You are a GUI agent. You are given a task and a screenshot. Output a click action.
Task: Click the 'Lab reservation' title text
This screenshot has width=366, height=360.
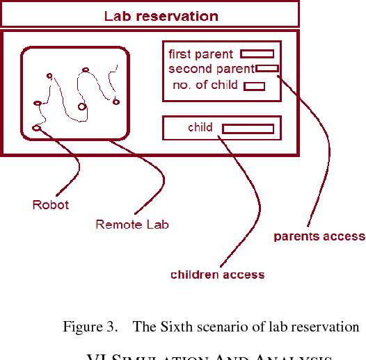[161, 15]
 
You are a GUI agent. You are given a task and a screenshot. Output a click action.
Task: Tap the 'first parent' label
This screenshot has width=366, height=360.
[200, 54]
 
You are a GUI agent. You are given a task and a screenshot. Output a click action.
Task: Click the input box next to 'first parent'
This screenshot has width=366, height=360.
[257, 54]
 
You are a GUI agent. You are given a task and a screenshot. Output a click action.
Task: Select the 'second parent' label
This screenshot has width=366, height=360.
[211, 69]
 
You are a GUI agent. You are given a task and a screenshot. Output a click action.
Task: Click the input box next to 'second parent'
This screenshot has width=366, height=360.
[268, 68]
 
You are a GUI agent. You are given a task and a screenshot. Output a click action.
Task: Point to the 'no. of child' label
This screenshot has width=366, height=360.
[205, 85]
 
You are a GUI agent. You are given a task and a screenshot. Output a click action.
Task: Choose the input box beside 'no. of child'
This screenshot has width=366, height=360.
[254, 86]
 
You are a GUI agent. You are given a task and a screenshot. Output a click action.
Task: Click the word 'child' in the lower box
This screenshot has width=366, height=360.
[200, 127]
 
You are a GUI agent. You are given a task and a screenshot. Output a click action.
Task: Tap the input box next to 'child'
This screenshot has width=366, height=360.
[248, 129]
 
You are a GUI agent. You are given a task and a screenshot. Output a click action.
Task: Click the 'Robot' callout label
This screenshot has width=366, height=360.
[51, 205]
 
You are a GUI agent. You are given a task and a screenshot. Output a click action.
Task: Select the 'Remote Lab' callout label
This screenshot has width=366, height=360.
[132, 224]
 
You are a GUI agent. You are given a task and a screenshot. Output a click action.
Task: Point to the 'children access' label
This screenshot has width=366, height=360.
[217, 275]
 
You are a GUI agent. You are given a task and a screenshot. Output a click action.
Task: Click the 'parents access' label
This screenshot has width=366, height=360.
[319, 236]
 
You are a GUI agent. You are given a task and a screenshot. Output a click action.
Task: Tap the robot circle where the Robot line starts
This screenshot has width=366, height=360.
[37, 128]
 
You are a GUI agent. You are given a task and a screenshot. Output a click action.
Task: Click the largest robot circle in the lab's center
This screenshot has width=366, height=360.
[82, 106]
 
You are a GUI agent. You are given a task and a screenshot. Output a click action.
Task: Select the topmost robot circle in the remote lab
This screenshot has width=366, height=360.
[85, 69]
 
